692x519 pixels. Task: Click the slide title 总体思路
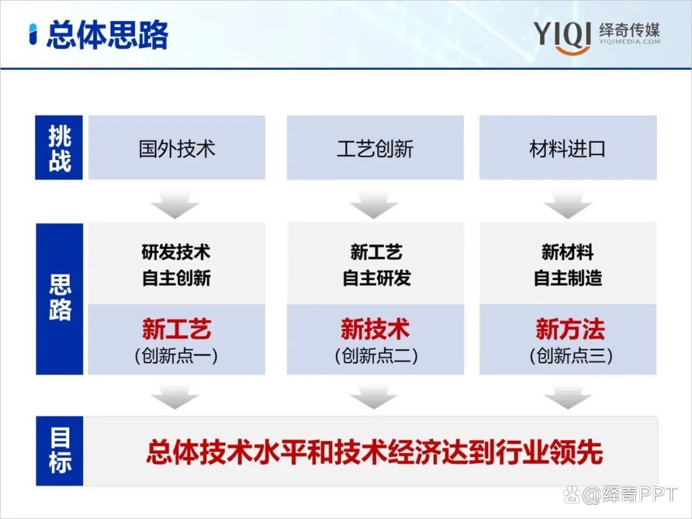click(x=107, y=35)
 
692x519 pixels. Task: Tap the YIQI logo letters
click(x=563, y=35)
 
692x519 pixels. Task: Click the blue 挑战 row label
click(x=59, y=148)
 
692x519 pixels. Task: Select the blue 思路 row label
click(x=60, y=299)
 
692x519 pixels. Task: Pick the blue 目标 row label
click(x=60, y=451)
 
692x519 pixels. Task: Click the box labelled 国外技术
click(x=177, y=148)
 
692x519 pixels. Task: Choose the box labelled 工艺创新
click(x=375, y=148)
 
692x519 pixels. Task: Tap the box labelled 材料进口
click(x=568, y=148)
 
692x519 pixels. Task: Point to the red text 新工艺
click(x=177, y=330)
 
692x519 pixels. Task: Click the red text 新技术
click(x=375, y=330)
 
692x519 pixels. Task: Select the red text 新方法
click(x=570, y=330)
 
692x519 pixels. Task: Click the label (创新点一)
click(x=177, y=356)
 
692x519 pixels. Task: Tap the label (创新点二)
click(x=376, y=356)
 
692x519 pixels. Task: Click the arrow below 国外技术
click(x=175, y=205)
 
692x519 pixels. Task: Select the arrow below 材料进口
click(x=567, y=205)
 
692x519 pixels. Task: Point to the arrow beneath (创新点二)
click(x=374, y=398)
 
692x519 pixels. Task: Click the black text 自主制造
click(x=568, y=279)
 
